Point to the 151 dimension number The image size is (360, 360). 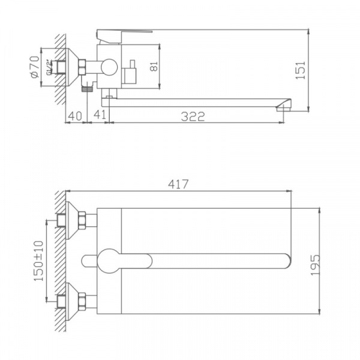pos(301,70)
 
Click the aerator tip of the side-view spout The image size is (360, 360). pos(282,107)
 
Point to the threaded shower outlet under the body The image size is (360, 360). pos(88,87)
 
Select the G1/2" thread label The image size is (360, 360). pos(49,67)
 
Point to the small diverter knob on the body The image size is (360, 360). pos(130,75)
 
